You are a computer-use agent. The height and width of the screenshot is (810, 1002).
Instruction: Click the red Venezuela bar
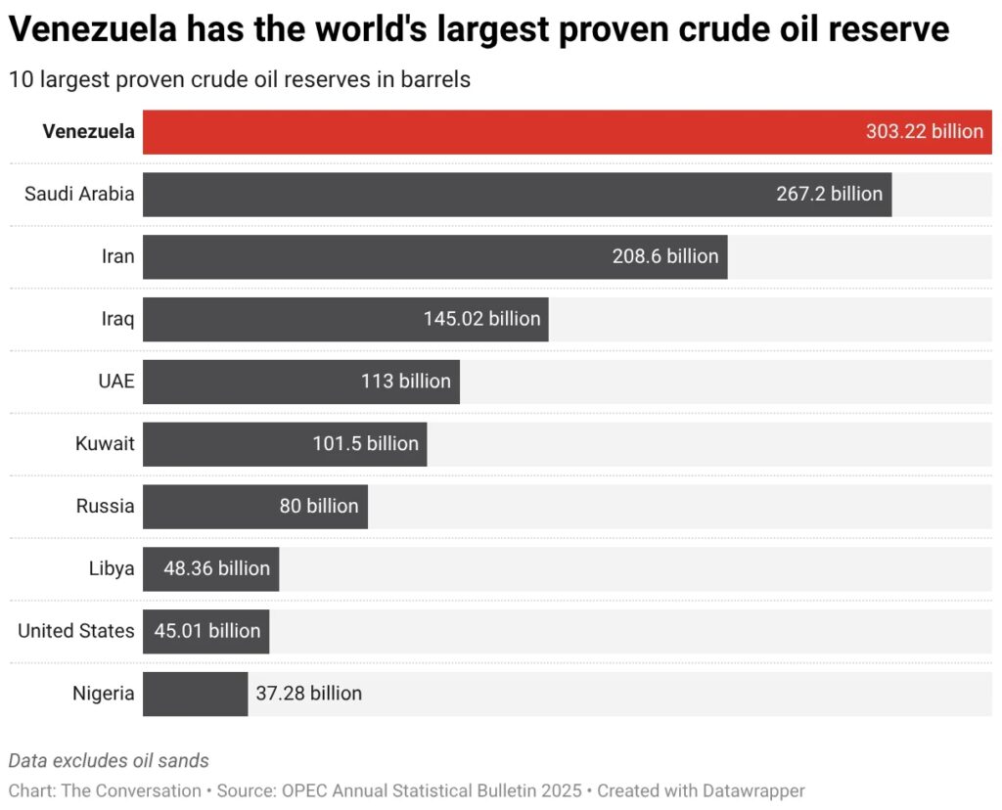pos(489,132)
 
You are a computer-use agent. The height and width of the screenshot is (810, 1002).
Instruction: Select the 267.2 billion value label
pos(829,194)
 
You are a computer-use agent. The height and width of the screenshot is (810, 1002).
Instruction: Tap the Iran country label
pos(117,256)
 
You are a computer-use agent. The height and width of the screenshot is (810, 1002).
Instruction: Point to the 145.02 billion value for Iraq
pos(481,319)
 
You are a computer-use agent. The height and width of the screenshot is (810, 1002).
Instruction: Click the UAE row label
pos(115,382)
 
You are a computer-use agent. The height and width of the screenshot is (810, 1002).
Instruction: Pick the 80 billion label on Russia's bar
pos(319,507)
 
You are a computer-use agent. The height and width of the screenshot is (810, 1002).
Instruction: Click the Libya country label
pos(111,568)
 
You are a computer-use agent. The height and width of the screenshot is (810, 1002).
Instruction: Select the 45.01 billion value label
pos(207,631)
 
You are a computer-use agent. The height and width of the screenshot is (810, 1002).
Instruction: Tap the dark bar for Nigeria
pos(195,694)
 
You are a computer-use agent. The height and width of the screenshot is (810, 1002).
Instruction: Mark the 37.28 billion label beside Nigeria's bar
pos(308,694)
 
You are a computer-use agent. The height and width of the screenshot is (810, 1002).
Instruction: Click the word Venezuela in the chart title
pos(93,30)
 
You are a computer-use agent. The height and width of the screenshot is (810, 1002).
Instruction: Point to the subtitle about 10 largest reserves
pos(240,79)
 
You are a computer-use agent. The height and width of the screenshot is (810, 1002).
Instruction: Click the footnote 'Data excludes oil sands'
pos(109,760)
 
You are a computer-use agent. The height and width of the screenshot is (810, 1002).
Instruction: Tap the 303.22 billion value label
pos(924,132)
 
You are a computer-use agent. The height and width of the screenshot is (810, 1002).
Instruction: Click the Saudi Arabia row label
pos(79,194)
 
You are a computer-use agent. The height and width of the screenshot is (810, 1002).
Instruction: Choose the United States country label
pos(75,631)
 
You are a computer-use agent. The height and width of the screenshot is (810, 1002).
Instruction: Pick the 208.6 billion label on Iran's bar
pos(665,256)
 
